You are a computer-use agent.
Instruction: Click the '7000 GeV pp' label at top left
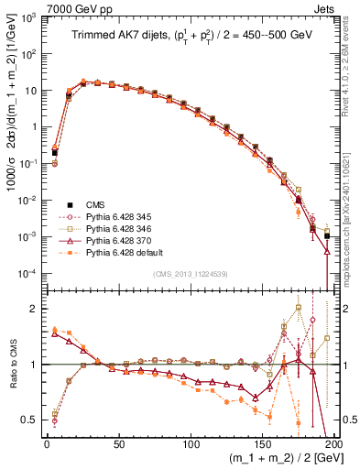[72, 8]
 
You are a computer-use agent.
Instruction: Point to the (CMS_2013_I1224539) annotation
[190, 274]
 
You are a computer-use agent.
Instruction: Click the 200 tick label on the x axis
[333, 442]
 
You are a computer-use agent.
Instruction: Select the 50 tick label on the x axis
[118, 442]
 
